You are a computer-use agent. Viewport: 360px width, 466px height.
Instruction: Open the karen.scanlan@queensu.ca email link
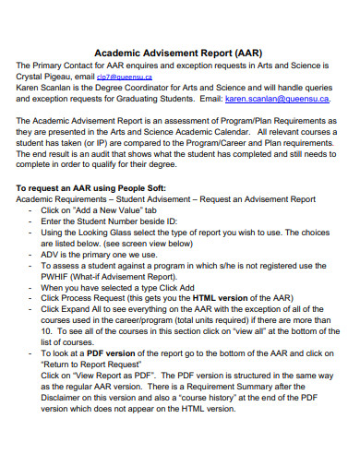tap(280, 98)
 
